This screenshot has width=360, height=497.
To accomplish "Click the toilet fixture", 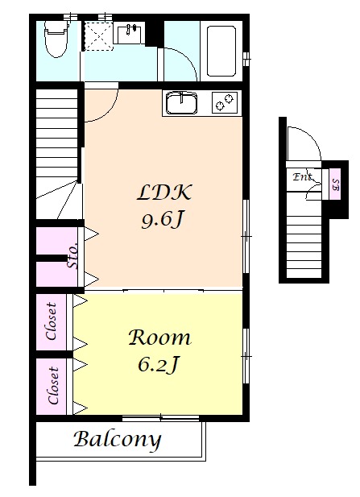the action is (57, 39).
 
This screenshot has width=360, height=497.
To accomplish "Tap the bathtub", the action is (221, 51).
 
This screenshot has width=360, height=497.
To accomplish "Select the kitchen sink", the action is (181, 102).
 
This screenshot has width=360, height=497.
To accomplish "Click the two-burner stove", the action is (225, 101).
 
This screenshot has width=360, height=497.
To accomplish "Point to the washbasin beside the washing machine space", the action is (129, 32).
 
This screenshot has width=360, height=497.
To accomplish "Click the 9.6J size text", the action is (163, 220).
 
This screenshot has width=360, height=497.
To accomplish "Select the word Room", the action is (159, 338).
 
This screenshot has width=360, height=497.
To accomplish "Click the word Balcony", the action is (118, 440).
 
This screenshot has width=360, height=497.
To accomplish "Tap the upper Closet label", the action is (52, 321).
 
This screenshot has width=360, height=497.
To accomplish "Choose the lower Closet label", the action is (53, 386).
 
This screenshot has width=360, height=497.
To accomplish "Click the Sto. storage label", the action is (73, 255).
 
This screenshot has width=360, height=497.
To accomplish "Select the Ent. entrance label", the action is (303, 176).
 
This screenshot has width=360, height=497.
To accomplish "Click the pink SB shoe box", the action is (335, 184).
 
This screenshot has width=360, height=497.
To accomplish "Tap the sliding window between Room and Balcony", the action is (161, 418).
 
